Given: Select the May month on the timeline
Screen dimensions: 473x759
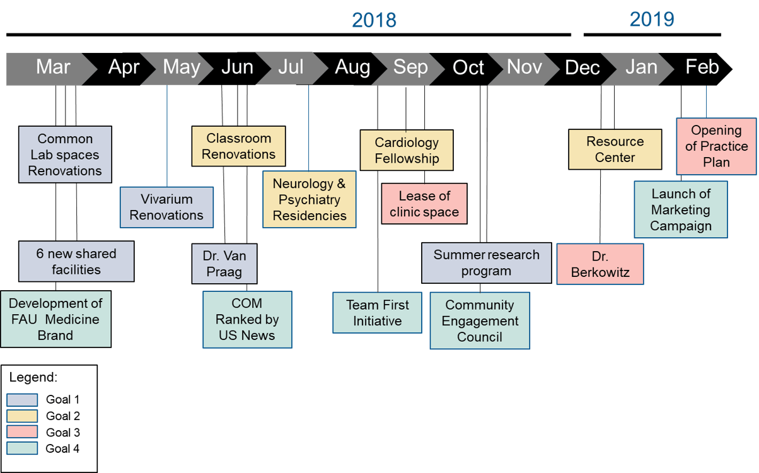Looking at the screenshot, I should (x=181, y=67).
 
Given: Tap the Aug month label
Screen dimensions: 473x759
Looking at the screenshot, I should (x=352, y=67).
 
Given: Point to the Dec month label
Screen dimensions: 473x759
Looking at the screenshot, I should (x=582, y=67).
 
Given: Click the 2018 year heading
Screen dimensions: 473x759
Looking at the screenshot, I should (x=374, y=21).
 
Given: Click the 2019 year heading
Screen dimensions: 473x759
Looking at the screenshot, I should (x=652, y=20).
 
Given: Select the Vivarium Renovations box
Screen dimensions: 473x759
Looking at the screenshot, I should (x=166, y=207).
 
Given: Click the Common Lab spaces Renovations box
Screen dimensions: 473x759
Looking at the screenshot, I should (x=65, y=155).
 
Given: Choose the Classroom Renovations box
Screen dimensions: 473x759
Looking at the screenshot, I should (x=238, y=146).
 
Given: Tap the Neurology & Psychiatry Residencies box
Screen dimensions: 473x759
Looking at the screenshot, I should (x=309, y=199).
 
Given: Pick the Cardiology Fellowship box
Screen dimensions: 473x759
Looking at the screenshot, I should (x=407, y=150).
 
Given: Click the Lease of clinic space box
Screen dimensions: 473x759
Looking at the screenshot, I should (x=424, y=204).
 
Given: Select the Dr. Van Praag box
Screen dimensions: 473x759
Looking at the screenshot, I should (x=224, y=264).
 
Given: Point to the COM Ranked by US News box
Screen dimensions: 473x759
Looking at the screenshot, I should (x=247, y=319).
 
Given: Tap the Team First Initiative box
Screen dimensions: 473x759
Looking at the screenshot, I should (x=377, y=313).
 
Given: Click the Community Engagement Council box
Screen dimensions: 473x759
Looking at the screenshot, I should (x=480, y=320).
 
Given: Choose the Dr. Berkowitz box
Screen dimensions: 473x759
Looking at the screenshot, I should (x=600, y=265).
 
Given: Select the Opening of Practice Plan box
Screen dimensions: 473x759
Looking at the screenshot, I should (x=716, y=146).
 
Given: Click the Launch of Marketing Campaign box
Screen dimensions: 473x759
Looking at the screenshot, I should (x=681, y=210).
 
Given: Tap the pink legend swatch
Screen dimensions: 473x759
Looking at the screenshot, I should (x=22, y=432).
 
